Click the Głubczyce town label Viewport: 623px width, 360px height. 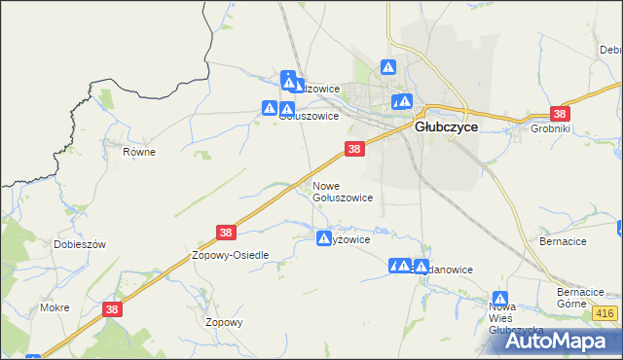coord(445,126)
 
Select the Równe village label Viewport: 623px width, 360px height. coord(139,152)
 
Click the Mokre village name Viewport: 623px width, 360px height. coord(55,306)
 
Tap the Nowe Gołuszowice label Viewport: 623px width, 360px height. coord(342,191)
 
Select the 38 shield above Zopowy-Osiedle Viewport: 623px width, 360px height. coord(226,233)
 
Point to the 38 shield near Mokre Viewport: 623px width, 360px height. coord(112,308)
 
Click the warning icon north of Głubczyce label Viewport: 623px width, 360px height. coord(387,68)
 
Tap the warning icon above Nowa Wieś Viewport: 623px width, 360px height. coord(499,299)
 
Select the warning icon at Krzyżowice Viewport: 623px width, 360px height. coord(323,237)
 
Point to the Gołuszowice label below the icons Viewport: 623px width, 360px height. coord(309,115)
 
